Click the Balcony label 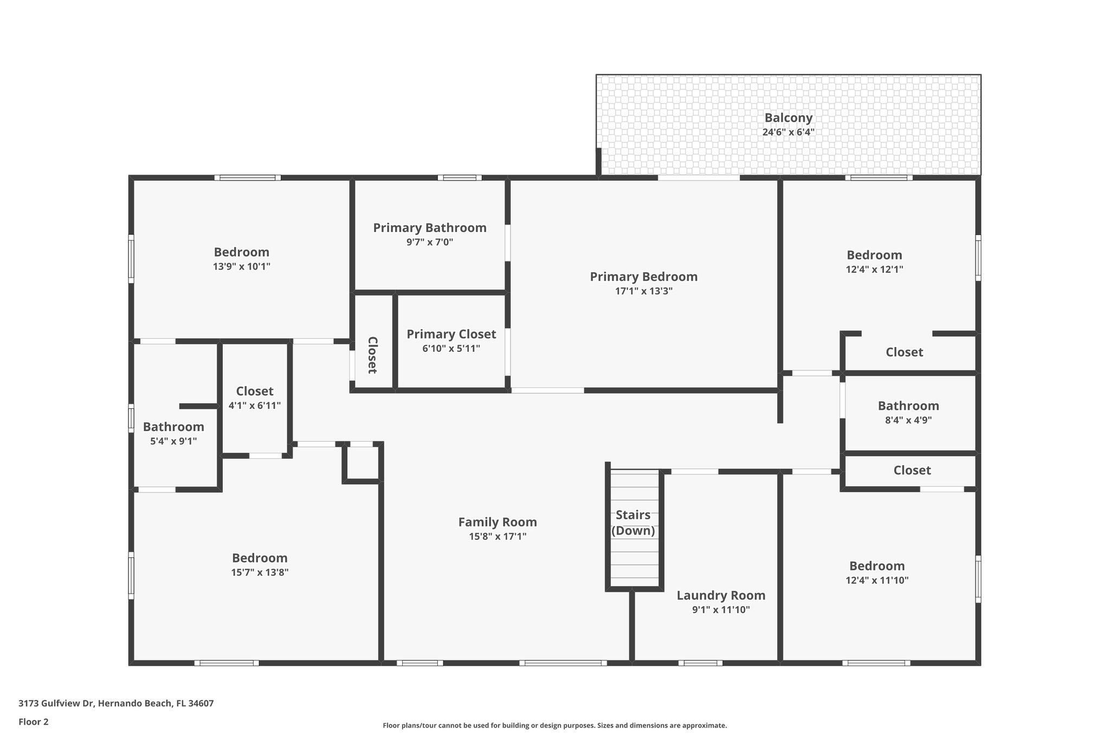788,118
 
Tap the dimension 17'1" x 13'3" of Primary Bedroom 643,291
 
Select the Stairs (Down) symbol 633,529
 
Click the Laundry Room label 721,595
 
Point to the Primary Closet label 451,334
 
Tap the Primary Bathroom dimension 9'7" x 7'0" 429,242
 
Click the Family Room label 497,522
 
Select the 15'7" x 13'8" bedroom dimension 260,572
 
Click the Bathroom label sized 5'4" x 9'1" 173,427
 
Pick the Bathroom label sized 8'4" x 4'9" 908,406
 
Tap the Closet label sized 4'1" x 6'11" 255,391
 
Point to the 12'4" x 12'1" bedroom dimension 874,269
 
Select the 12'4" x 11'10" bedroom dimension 876,580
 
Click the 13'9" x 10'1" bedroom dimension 241,267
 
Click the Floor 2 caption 34,722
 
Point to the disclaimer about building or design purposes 554,725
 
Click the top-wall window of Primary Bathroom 460,177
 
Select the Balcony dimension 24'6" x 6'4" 788,132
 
